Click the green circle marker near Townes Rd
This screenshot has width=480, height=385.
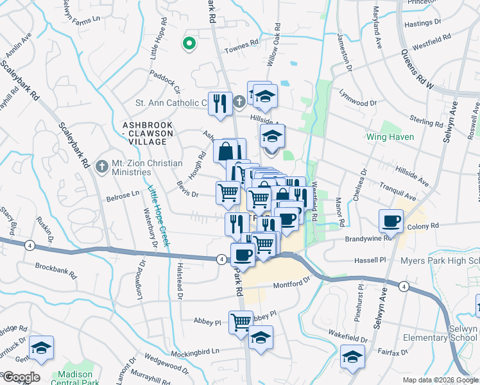(189, 44)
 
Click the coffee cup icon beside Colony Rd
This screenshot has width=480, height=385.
(391, 221)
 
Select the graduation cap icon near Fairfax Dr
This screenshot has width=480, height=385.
(352, 356)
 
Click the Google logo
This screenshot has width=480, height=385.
(21, 377)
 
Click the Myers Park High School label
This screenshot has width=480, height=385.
(440, 261)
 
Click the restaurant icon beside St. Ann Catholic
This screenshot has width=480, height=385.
(220, 103)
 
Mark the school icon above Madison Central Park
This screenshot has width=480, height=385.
(41, 348)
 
